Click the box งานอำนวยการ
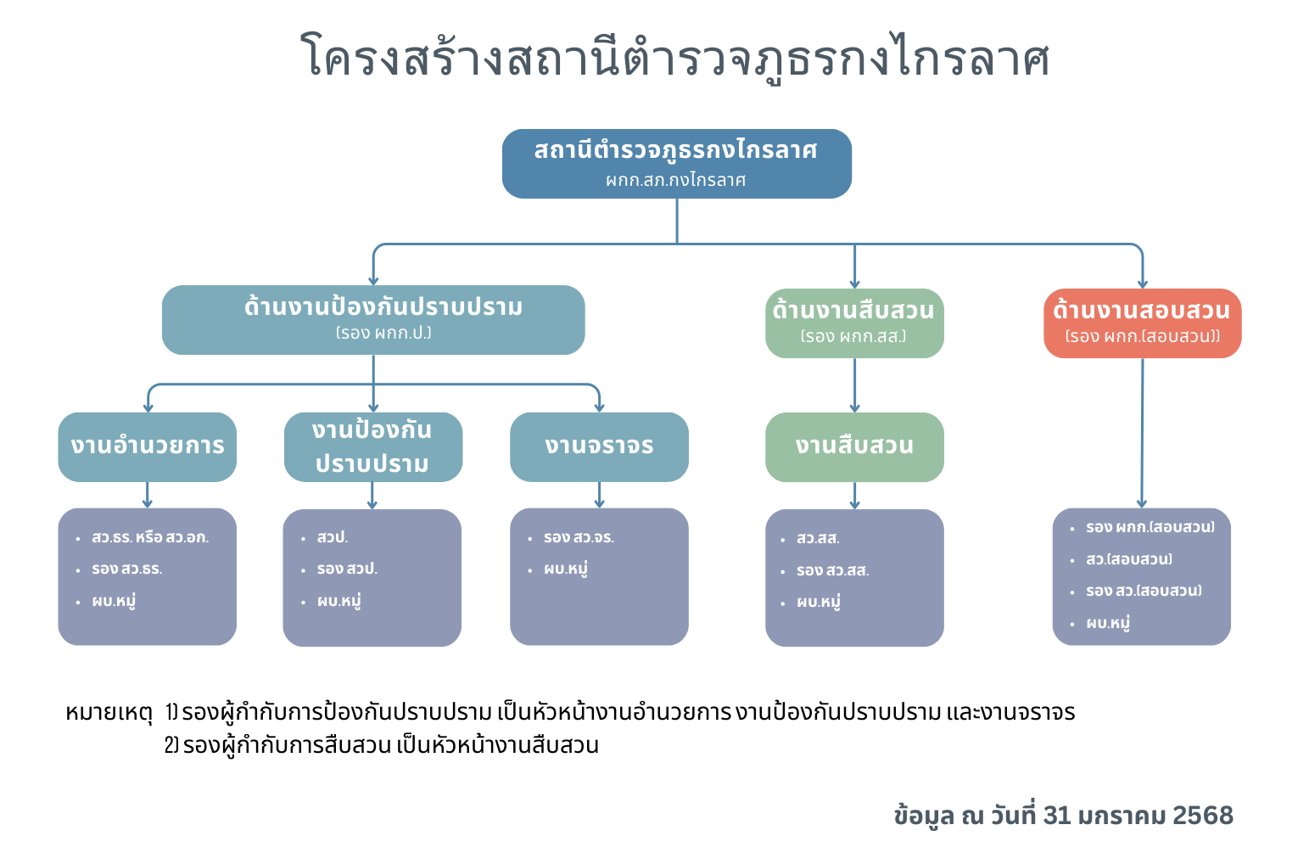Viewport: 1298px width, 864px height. coord(148,446)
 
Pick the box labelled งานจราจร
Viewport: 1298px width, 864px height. coord(599,446)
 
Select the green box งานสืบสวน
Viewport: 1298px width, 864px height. coord(854,446)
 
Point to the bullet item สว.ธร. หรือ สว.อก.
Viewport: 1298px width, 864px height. coord(150,537)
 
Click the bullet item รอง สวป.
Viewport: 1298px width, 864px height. coord(347,569)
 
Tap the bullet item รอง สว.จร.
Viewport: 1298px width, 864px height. coord(579,537)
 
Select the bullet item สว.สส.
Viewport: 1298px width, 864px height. coord(818,538)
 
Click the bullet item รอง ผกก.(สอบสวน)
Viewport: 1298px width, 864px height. coord(1150,527)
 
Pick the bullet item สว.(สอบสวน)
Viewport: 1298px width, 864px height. coord(1128,559)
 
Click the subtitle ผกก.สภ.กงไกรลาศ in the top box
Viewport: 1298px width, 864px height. coord(676,180)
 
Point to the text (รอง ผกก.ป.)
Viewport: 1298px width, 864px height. coord(383,333)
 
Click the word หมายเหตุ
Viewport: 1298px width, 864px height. coord(109,712)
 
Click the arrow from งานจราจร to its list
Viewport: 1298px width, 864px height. coord(599,495)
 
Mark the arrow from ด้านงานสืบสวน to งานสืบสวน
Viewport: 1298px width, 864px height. coord(854,385)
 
